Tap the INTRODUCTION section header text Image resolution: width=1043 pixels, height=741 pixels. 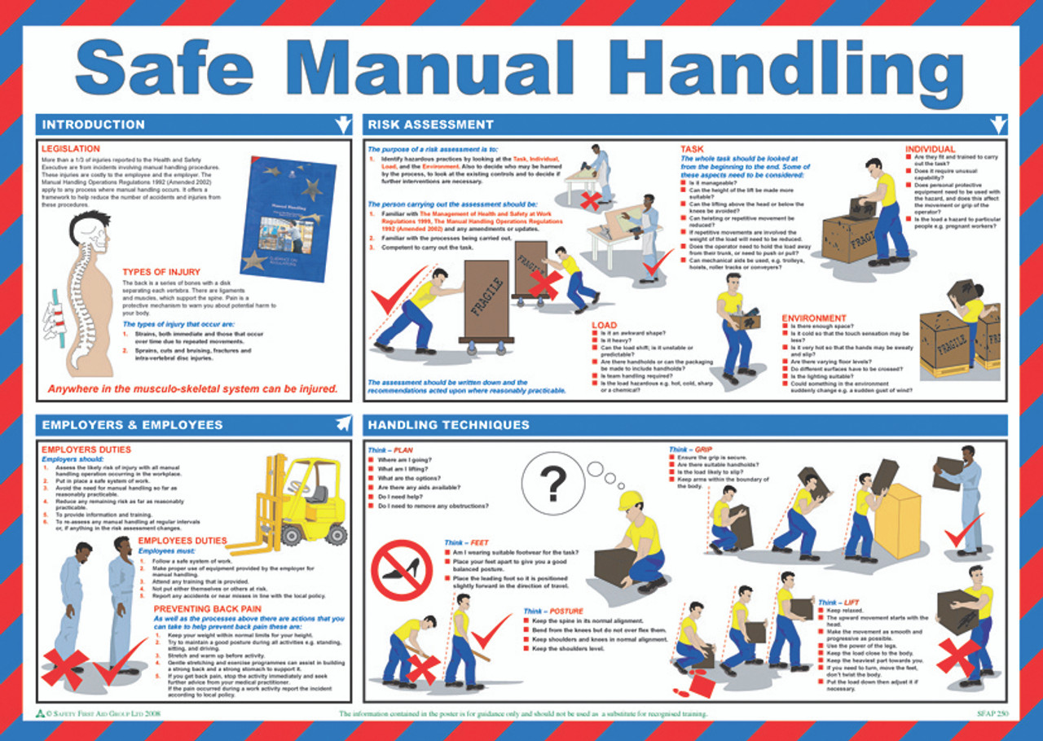point(93,125)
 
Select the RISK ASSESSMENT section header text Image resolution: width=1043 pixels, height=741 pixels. point(430,125)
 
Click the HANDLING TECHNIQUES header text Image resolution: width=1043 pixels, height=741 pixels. point(448,424)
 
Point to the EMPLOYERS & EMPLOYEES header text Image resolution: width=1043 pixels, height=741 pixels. point(132,424)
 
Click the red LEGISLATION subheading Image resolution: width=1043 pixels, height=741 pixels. point(71,149)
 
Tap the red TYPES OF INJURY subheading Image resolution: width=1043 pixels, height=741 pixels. point(161,271)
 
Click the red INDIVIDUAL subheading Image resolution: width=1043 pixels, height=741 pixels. point(929,149)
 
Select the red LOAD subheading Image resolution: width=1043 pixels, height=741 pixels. point(605,325)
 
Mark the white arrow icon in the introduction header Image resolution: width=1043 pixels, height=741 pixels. point(343,125)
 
